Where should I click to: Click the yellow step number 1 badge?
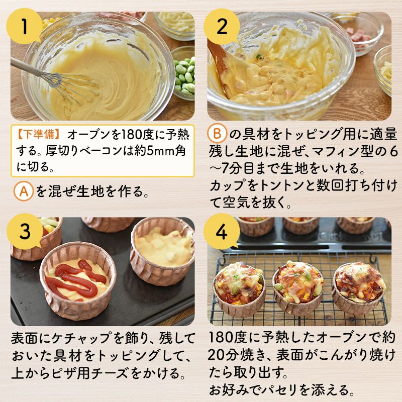click(24, 26)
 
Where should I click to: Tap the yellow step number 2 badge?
click(222, 26)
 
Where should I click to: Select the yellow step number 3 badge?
click(25, 231)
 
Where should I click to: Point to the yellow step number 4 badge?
click(222, 231)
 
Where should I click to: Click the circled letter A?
click(24, 191)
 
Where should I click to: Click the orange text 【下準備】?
click(39, 134)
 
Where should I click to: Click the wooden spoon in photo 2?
click(218, 64)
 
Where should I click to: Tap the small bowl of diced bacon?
click(359, 33)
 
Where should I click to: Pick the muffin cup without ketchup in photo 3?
click(162, 251)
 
